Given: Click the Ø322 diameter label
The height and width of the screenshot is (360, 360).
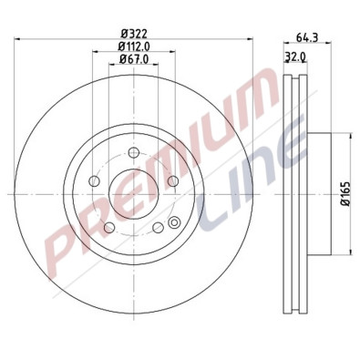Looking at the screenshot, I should click(134, 34).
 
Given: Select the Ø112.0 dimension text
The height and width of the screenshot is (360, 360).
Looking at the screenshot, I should click(134, 46).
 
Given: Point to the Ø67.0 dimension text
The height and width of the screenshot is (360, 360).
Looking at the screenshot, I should click(134, 60).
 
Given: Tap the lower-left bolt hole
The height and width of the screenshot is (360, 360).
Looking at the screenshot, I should click(109, 227).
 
